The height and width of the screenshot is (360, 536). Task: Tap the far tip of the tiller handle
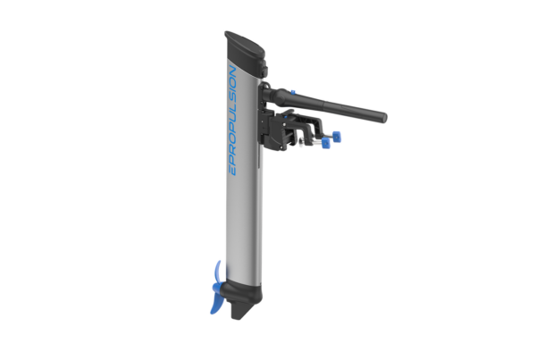(381, 114)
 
